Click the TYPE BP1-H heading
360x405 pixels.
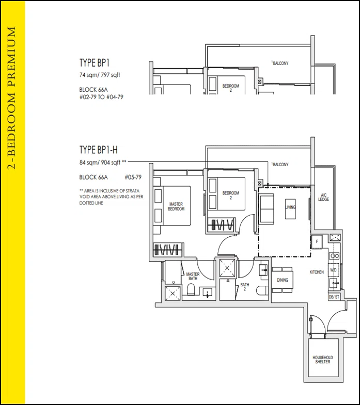(98, 150)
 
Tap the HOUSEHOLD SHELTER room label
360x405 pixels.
(322, 360)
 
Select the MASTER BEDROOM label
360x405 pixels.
(176, 206)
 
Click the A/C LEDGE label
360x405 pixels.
(323, 197)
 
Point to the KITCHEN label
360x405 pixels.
(317, 272)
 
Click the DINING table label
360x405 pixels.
(283, 280)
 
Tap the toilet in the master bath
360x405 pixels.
(191, 289)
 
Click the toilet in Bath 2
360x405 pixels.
(262, 290)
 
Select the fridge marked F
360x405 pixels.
(317, 242)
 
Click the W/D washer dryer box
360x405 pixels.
(333, 270)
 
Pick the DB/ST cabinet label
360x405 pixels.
(334, 297)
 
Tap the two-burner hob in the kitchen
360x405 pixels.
(334, 256)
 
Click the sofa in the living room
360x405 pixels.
(267, 209)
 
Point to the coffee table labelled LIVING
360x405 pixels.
(290, 209)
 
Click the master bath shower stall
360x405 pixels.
(173, 294)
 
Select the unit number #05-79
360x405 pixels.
(133, 177)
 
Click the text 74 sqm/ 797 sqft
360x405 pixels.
(100, 75)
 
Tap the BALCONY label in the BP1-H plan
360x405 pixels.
(280, 164)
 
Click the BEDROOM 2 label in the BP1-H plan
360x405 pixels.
(231, 195)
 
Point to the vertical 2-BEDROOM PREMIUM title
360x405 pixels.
(11, 98)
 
